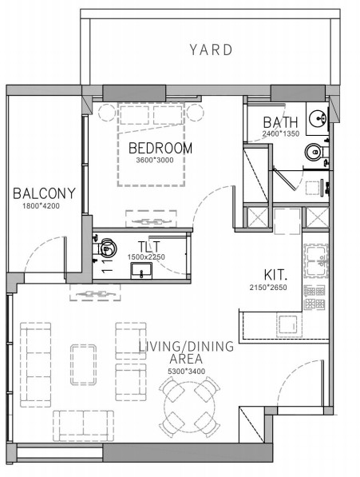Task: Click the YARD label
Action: (x=212, y=50)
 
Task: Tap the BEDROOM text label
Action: (x=160, y=148)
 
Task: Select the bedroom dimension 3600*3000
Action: (x=155, y=160)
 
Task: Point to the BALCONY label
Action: (x=44, y=193)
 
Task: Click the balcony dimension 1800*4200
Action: (x=41, y=206)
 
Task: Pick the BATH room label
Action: (x=280, y=122)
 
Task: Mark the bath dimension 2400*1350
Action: (x=281, y=133)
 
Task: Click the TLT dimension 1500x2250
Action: (x=146, y=257)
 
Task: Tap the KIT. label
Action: (x=275, y=275)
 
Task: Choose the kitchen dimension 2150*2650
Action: (x=268, y=287)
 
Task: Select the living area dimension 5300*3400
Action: (x=187, y=372)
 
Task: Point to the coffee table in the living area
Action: (x=84, y=365)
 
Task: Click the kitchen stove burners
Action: (x=315, y=297)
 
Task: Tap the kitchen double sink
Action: (x=316, y=261)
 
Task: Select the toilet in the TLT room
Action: (x=105, y=247)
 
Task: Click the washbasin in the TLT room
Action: (x=141, y=271)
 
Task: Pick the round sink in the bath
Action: (x=318, y=118)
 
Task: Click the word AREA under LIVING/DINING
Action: (x=186, y=359)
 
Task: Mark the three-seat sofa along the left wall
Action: (x=36, y=365)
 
